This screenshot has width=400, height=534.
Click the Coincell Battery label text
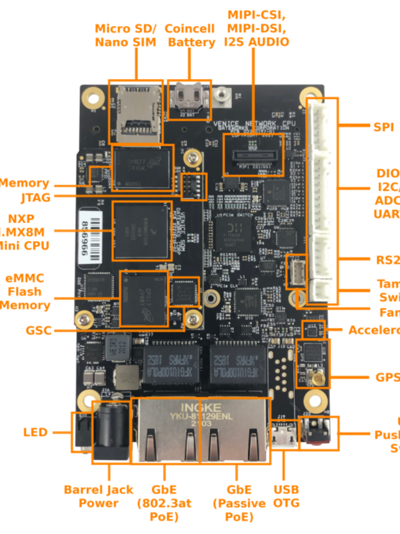pos(191,36)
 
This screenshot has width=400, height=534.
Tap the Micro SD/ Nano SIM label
pos(126,36)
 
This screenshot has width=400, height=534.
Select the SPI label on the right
pos(383,127)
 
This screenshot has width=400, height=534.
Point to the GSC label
pos(38,330)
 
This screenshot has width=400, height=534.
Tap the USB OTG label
pos(286,496)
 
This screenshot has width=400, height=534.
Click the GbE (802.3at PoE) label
pos(165,503)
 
